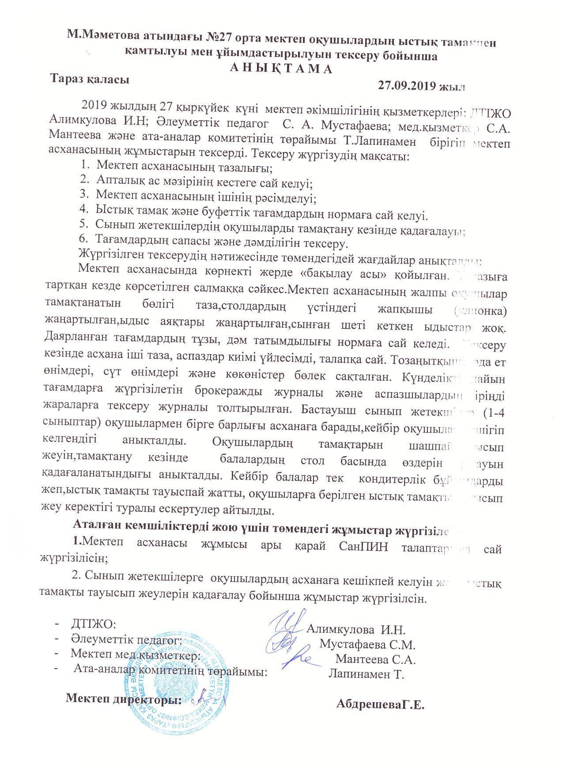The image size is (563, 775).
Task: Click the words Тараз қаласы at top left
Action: point(90,79)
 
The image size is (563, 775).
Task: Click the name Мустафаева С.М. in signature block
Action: point(367,644)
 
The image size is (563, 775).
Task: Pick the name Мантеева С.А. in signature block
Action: point(376,659)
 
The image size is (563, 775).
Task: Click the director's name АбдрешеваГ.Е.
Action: point(380,703)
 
